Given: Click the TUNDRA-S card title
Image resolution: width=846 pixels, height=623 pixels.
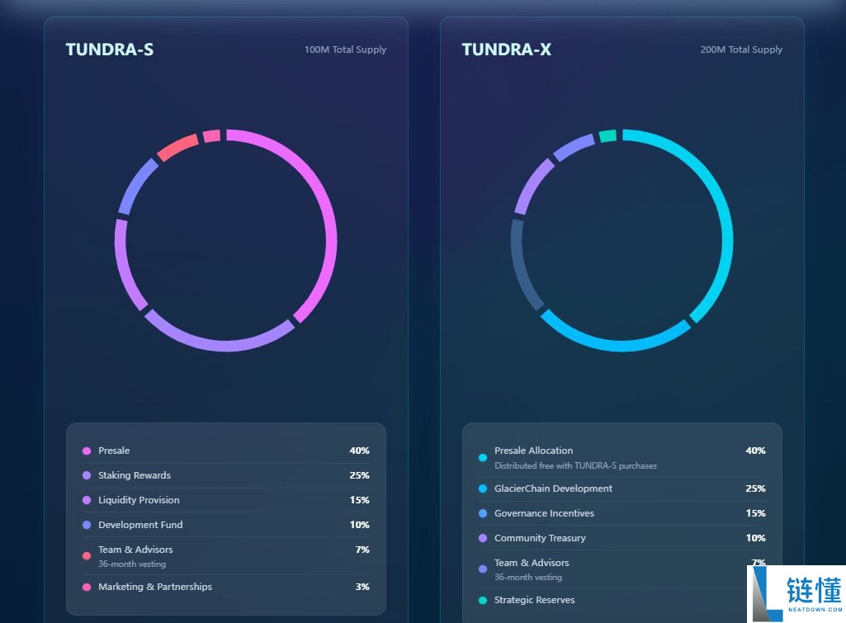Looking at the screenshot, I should (x=109, y=50).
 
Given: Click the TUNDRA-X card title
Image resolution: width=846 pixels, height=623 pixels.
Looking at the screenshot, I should (x=506, y=50).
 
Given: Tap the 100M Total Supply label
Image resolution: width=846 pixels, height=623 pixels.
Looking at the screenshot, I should (x=345, y=50).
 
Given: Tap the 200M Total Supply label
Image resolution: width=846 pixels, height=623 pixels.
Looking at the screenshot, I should (x=741, y=50).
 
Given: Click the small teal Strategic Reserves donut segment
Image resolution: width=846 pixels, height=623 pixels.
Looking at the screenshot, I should (x=607, y=136).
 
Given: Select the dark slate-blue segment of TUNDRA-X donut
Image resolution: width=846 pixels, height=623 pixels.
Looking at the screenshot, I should (x=523, y=264).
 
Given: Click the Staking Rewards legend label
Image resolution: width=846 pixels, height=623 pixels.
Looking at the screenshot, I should (x=135, y=475).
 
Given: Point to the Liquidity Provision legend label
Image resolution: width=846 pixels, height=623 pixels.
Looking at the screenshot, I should (x=139, y=500).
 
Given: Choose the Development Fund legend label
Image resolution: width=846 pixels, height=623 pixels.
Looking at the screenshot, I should (x=140, y=525).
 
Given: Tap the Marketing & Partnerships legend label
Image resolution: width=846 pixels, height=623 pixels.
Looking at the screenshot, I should (x=155, y=587).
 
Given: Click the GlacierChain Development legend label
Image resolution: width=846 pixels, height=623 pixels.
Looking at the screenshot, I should (x=553, y=488).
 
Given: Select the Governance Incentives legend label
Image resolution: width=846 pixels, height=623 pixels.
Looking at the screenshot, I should (x=544, y=513).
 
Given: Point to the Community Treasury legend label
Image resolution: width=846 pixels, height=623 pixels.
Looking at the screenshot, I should (x=540, y=538).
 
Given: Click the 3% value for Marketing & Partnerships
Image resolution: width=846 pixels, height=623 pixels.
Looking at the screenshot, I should (x=362, y=587).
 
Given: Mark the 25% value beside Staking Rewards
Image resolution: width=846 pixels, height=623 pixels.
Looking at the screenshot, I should (x=359, y=475).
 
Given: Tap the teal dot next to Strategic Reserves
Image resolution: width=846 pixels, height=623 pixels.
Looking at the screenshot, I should (x=483, y=600).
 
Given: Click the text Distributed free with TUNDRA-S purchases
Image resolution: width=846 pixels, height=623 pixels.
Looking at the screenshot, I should (x=575, y=465).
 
